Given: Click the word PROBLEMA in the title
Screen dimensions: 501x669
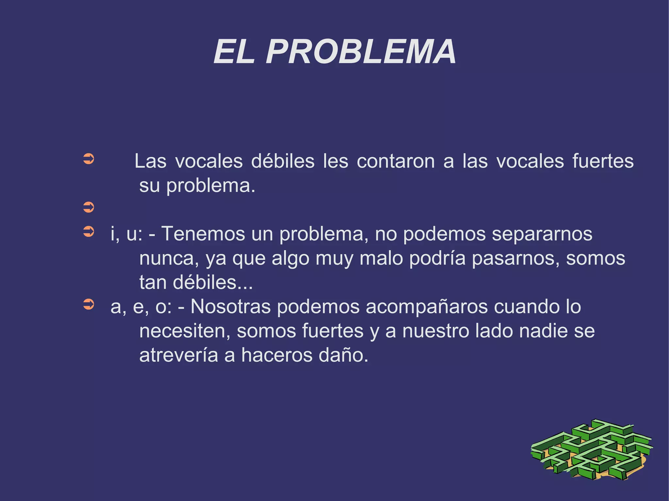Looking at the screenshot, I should (x=361, y=52).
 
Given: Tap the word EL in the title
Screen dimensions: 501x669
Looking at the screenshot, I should (x=234, y=52).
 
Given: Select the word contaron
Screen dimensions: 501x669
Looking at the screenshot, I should (x=396, y=161).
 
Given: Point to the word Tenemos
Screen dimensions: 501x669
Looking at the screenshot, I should (x=203, y=234).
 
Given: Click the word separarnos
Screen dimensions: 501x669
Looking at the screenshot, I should (x=542, y=234).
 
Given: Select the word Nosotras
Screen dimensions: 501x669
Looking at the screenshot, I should (x=230, y=306).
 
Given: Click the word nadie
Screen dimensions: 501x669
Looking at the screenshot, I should (x=543, y=331).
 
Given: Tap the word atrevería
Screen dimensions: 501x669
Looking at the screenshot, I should (x=178, y=355).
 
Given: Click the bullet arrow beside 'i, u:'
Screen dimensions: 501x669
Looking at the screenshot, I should (x=89, y=232).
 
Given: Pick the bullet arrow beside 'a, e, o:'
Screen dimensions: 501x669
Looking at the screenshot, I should (x=89, y=305).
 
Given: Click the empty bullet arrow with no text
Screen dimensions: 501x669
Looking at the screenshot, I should (x=89, y=207).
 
